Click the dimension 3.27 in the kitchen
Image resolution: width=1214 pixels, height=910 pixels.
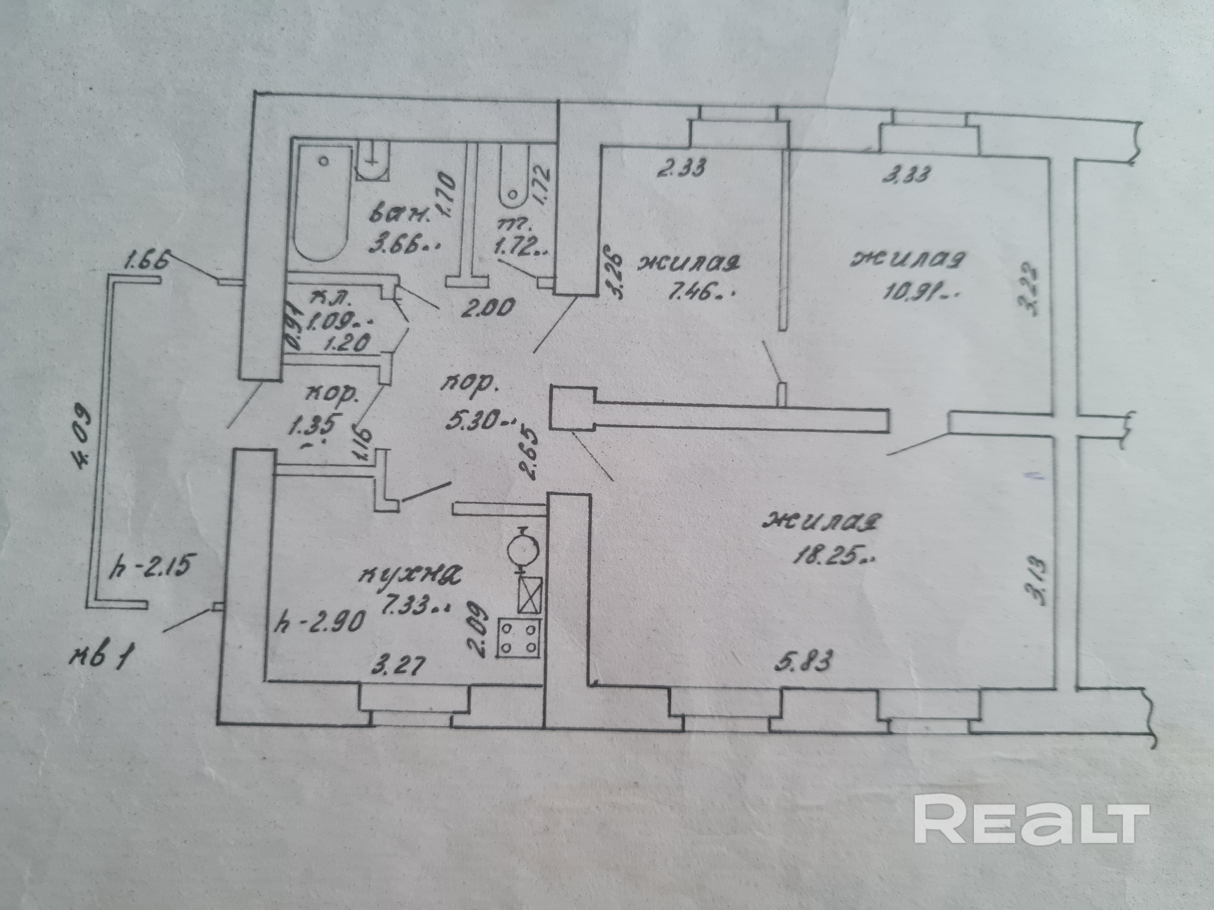point(398,667)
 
